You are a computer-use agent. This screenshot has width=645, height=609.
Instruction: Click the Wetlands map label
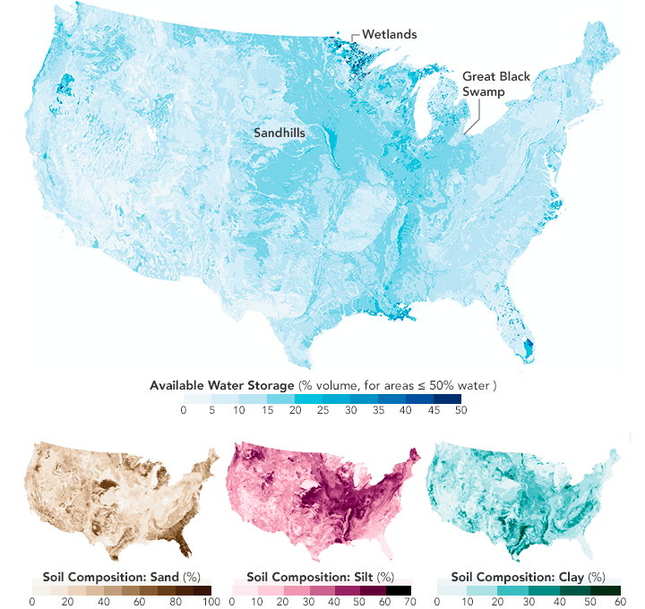click(x=390, y=35)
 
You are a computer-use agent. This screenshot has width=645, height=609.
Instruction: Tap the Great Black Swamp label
click(x=495, y=84)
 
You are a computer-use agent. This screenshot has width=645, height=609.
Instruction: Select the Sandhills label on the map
click(x=279, y=132)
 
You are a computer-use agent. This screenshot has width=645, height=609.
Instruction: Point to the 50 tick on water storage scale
click(x=460, y=410)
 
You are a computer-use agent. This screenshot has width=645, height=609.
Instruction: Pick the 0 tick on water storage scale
click(x=184, y=410)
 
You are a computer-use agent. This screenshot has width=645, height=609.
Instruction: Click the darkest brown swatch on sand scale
click(x=202, y=588)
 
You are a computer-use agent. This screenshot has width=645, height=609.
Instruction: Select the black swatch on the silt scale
click(x=401, y=588)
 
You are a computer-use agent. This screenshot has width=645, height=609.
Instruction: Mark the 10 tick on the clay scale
click(x=468, y=601)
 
